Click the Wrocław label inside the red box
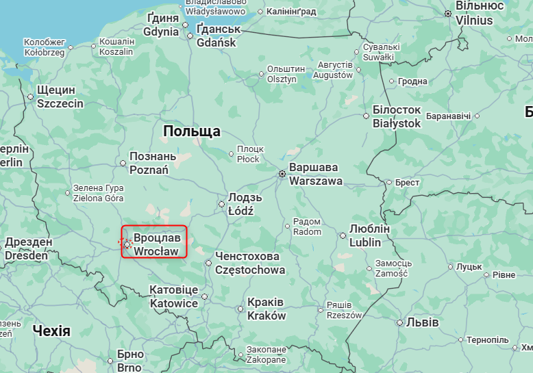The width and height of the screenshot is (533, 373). tap(157, 244)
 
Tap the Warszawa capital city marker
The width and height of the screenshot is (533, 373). tap(282, 175)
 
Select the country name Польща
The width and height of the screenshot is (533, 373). tap(192, 131)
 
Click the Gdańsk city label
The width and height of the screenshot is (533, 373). tap(216, 36)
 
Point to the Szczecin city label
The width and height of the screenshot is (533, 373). tap(60, 97)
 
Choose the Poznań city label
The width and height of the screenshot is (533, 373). tap(149, 163)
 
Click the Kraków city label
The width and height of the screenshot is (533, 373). tap(266, 309)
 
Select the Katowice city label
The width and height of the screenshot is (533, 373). tap(174, 297)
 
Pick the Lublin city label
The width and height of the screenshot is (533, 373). tap(369, 235)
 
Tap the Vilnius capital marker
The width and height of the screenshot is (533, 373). tap(448, 14)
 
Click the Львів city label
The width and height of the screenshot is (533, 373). tap(418, 322)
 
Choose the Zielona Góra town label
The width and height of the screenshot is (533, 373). tap(99, 193)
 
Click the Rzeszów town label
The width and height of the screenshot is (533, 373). tap(344, 310)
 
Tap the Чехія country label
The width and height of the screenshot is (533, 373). tap(51, 331)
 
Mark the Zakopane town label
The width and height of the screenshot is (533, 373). tap(266, 354)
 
